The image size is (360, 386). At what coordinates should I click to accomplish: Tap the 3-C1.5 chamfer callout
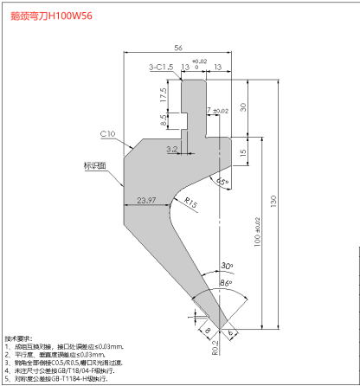(162, 66)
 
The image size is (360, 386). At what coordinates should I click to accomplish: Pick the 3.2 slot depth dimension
(171, 149)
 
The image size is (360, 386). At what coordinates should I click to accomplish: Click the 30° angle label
(227, 266)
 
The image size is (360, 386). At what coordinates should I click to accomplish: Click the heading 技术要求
(18, 338)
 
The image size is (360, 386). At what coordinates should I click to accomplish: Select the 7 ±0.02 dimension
(216, 111)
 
